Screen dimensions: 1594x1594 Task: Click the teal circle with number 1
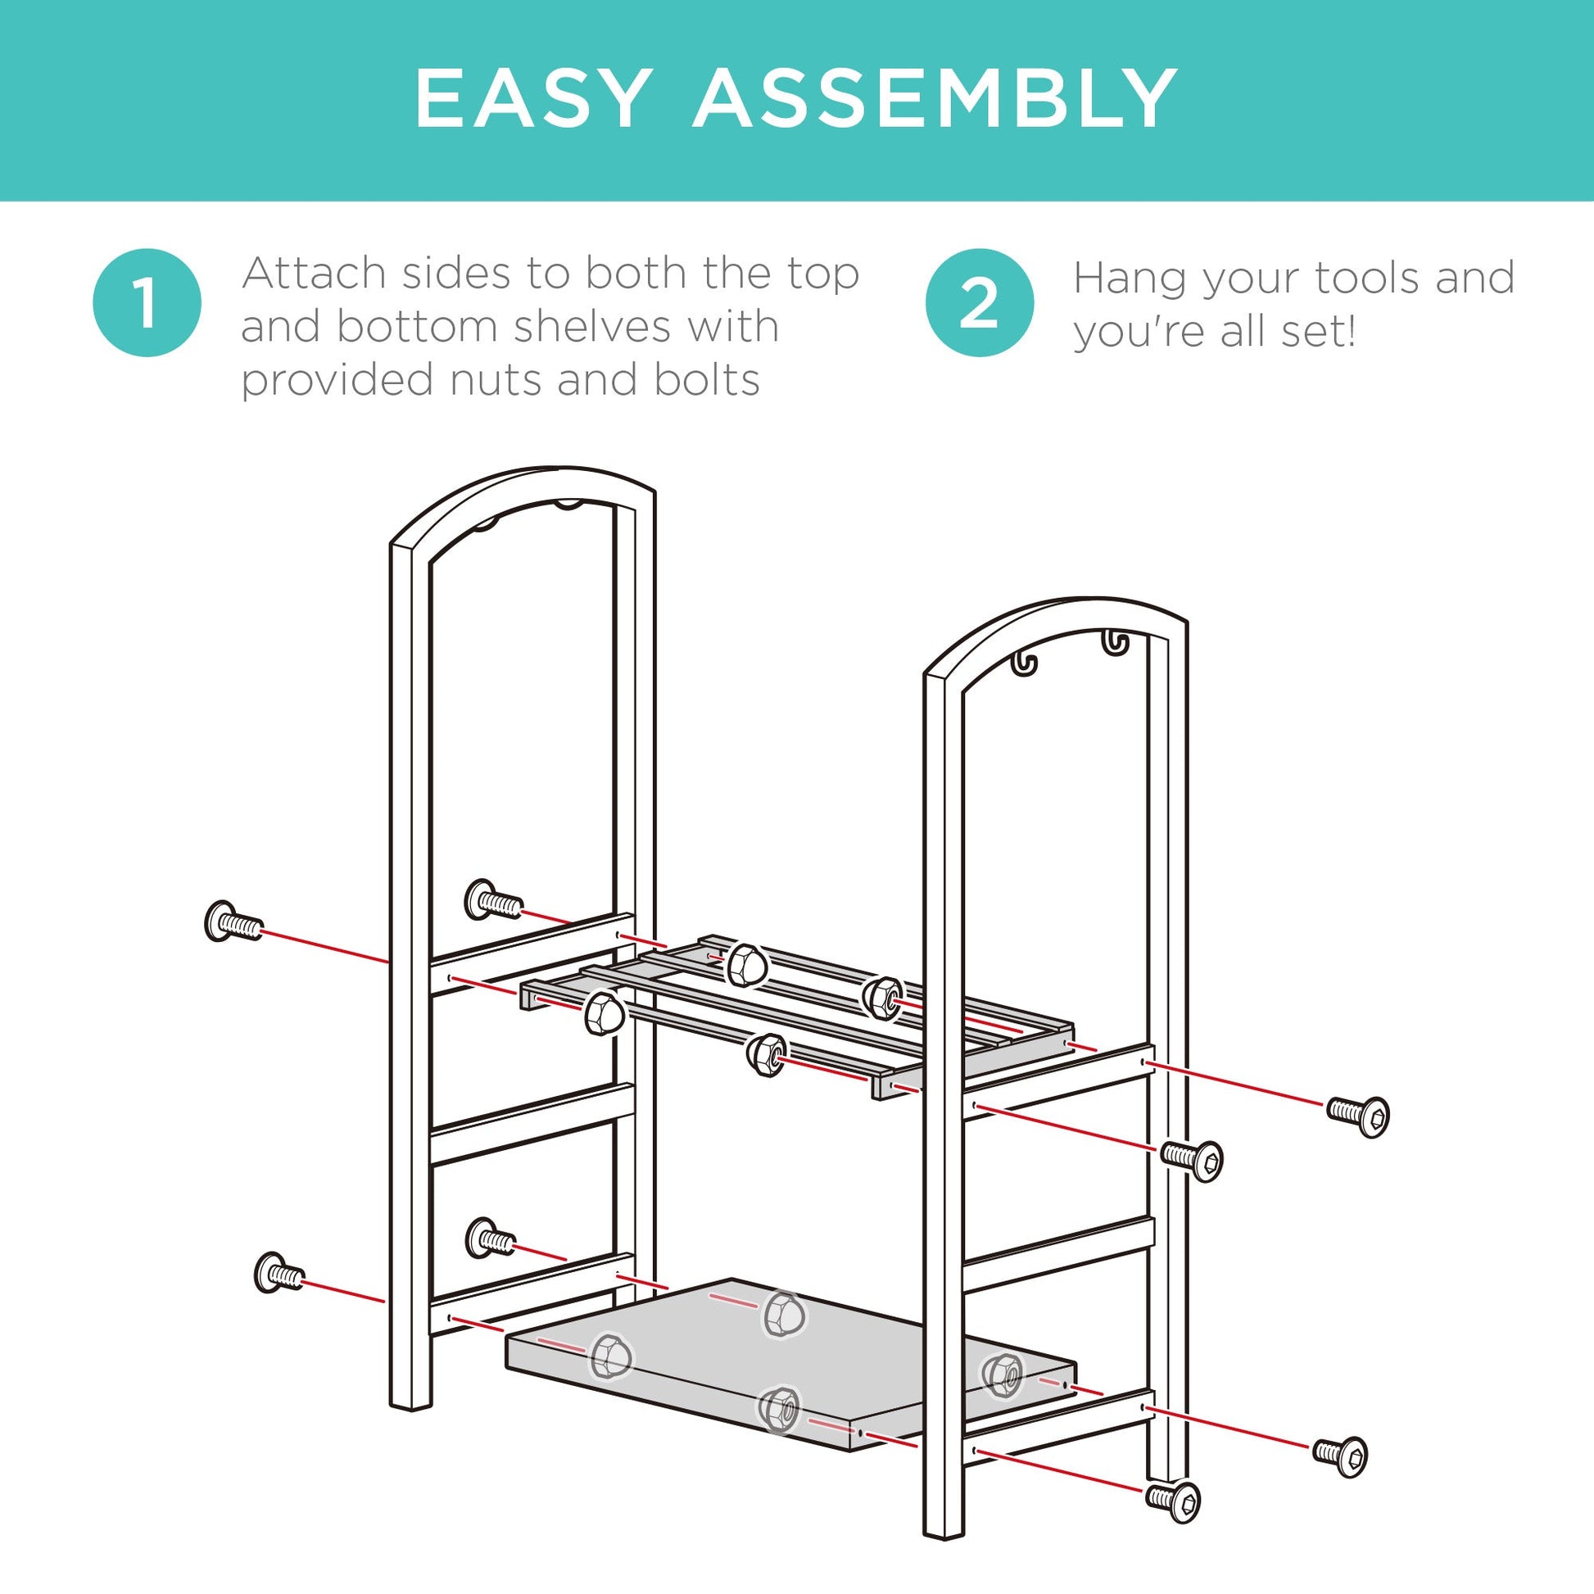(147, 302)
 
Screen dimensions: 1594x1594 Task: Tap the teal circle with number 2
(980, 302)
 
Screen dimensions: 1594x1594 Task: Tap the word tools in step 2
(1369, 277)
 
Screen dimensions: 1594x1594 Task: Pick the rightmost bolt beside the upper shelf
(1358, 1116)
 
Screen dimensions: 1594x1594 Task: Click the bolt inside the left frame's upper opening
(493, 901)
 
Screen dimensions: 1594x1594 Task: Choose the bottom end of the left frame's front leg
(410, 1406)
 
